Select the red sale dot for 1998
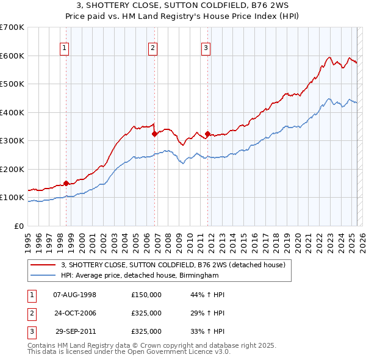[66, 183]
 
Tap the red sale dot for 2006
[154, 134]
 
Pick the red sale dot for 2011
[207, 134]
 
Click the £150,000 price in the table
[146, 295]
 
